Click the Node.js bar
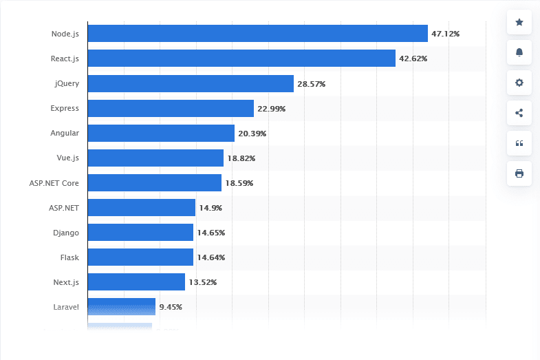coord(258,34)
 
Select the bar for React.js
coord(241,59)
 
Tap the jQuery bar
coord(191,83)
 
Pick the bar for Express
coord(171,108)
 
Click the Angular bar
coord(161,133)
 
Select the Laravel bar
coord(121,306)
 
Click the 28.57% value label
coord(311,84)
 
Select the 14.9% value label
coord(210,208)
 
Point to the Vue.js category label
coord(67,158)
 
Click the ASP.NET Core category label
coord(55,183)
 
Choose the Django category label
coord(65,233)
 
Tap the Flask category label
coord(69,257)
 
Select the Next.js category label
coord(66,282)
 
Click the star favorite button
coord(519,23)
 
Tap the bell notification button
coord(519,52)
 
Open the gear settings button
coord(519,83)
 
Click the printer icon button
coord(519,173)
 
